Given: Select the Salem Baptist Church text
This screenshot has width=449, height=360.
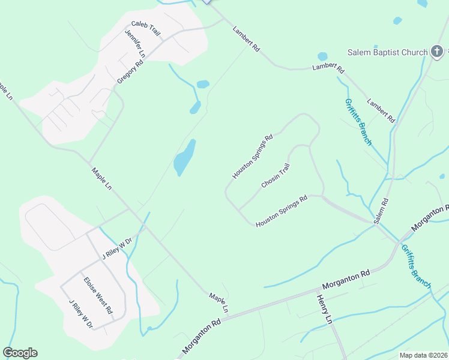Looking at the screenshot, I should pos(388,52).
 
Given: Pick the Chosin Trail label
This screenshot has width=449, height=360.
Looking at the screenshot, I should pos(276,175).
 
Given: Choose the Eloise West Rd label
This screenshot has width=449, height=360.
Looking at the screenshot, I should pos(98,295).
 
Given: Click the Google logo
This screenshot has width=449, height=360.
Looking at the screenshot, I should pos(20,353).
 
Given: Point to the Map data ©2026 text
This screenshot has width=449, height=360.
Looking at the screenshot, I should pos(423,355).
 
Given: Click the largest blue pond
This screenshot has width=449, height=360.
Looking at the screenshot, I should pos(184,158).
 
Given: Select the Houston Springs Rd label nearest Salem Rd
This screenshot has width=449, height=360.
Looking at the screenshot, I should pos(282,211).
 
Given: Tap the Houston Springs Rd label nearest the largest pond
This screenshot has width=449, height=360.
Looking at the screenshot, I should pos(253,156).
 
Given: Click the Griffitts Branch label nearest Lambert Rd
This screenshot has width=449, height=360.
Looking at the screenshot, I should pos(358,122).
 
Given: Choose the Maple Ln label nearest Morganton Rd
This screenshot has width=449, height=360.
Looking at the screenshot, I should pos(219,302).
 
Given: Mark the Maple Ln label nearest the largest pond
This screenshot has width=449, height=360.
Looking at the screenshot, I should pos(101,179).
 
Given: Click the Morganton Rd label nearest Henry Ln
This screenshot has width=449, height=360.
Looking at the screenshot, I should pos(345,278).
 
